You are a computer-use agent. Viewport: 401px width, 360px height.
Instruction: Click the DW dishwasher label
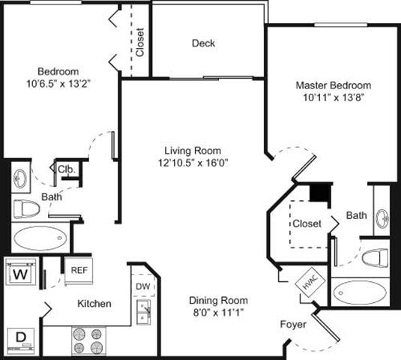[142, 286]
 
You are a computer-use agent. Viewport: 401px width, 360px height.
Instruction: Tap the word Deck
[202, 43]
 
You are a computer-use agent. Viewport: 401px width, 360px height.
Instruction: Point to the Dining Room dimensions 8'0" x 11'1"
[217, 311]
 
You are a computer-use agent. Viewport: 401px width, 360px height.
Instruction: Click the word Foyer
[292, 325]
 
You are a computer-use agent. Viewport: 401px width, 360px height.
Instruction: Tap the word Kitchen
[94, 304]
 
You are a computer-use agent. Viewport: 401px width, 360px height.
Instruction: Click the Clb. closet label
[65, 169]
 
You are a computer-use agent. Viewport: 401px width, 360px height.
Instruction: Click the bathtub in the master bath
[359, 291]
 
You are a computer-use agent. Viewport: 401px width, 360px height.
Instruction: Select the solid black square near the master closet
[320, 193]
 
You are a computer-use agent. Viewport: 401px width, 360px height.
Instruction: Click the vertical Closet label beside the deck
[140, 42]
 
